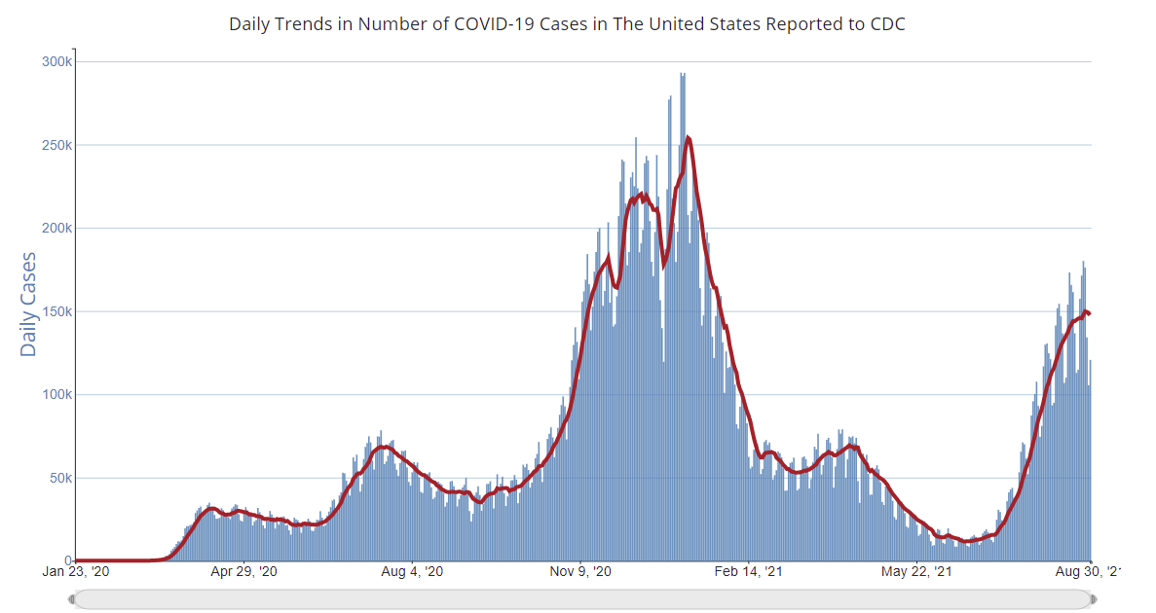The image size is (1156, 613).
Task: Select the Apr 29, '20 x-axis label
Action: point(244,572)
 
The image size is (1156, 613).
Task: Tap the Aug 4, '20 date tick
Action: point(412,572)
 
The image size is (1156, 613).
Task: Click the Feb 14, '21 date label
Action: point(748,572)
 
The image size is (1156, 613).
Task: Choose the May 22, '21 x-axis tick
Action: point(916,572)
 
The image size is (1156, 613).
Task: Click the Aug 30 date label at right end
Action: point(1084,572)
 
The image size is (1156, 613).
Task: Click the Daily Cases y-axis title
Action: point(29,304)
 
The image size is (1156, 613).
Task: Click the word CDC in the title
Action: point(887,23)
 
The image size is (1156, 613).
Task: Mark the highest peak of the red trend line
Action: point(689,138)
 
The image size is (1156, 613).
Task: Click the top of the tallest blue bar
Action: point(683,74)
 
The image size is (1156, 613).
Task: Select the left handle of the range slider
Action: point(72,599)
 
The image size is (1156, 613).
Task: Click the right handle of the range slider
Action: point(1093,599)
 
